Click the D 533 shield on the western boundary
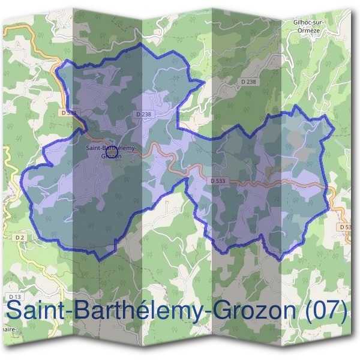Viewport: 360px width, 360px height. [x=68, y=112]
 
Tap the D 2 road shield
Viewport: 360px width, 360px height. [x=20, y=238]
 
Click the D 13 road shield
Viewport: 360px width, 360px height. [x=15, y=296]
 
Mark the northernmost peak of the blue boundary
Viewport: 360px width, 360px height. [x=141, y=44]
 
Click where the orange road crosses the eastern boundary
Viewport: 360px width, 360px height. [x=328, y=188]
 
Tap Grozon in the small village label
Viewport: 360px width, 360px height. [x=112, y=156]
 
